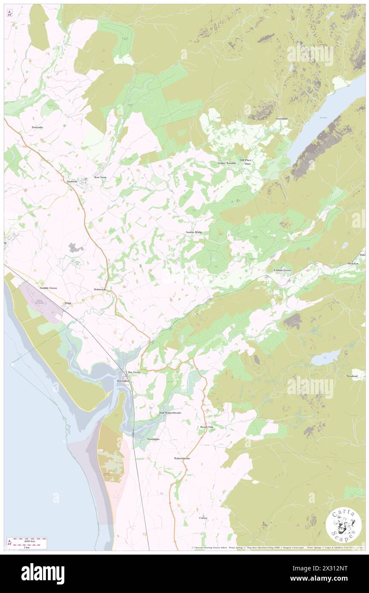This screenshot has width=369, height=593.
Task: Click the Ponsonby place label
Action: [x=37, y=127]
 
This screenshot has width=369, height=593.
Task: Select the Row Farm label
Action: [x=101, y=177]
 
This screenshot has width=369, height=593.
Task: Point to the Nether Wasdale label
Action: [x=226, y=163]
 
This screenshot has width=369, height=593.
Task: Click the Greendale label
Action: [x=282, y=119]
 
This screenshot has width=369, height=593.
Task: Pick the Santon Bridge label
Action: [x=194, y=232]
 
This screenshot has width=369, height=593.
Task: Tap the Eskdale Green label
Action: [x=283, y=270]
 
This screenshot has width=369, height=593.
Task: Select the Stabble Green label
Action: [x=48, y=288]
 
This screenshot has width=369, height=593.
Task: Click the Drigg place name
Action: [x=67, y=303]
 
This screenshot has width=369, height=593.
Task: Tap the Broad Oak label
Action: [x=207, y=427]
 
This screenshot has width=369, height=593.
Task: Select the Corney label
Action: [x=203, y=518]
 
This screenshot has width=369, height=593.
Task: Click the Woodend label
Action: [x=352, y=376]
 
